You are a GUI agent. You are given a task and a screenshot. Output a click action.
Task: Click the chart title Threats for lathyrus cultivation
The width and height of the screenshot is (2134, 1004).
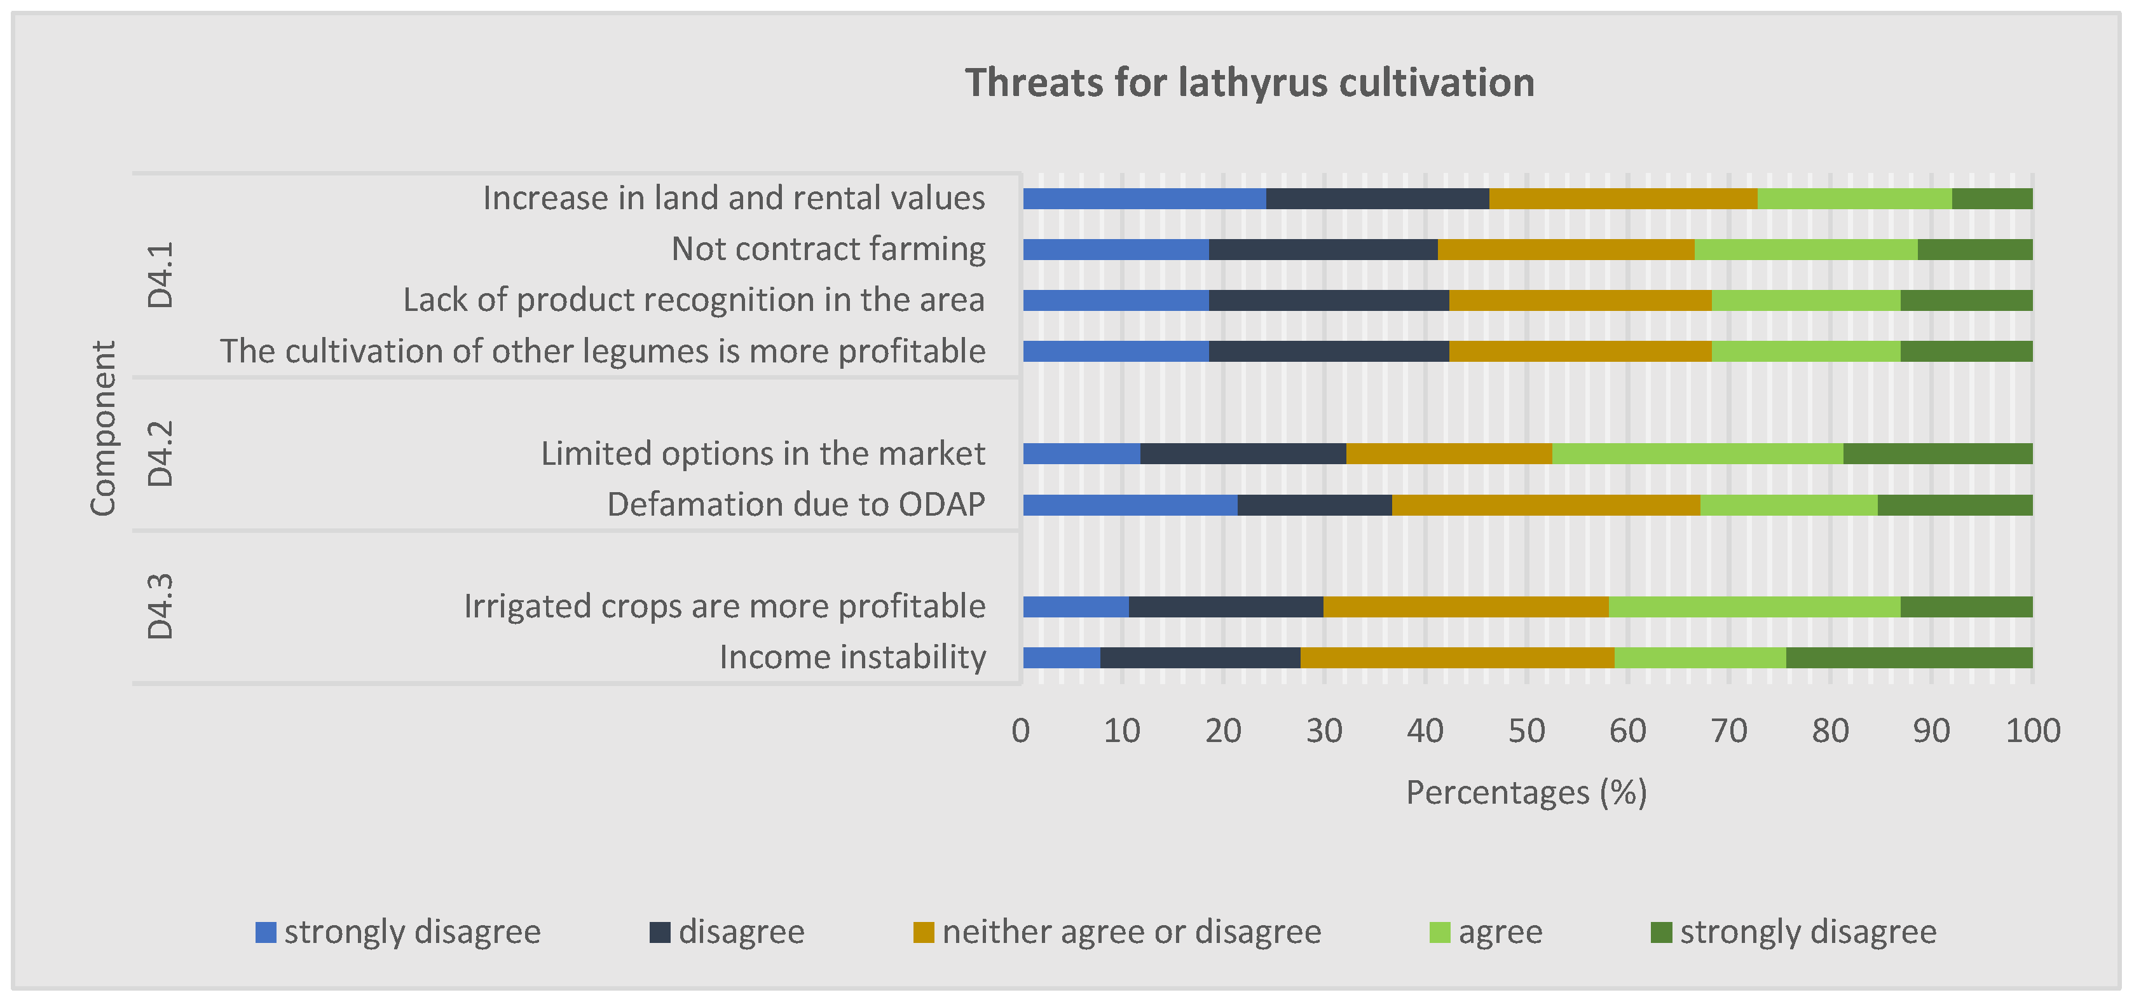coord(1249,83)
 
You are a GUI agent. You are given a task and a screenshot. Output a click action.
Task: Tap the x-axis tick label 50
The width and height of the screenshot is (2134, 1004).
coord(1526,731)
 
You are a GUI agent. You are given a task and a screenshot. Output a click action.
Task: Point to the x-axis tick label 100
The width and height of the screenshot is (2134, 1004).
coord(2032,731)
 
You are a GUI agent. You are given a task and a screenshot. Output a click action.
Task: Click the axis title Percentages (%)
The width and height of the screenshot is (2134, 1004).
coord(1526,793)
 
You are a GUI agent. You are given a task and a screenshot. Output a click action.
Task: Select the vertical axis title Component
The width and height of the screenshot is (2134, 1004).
coord(103,429)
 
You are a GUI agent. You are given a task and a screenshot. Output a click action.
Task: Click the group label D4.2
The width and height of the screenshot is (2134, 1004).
coord(160,453)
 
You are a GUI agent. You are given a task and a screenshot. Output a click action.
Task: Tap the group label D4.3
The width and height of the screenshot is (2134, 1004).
coord(160,607)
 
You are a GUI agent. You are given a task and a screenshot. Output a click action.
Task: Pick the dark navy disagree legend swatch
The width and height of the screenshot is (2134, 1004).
coord(659,932)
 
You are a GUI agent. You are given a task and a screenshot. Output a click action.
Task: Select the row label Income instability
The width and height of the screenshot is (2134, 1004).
coord(852,657)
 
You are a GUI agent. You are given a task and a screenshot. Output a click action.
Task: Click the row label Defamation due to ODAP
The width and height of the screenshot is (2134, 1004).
coord(796,504)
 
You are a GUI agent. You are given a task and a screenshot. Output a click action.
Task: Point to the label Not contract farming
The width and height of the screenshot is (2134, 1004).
coord(828,249)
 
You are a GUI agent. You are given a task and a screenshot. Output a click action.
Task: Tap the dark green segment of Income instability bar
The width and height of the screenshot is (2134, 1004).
coord(1909,657)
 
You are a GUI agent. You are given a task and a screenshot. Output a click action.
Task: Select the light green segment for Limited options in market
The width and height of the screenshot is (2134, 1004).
coord(1697,454)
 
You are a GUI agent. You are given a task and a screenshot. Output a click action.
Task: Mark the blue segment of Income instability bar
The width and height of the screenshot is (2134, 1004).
coord(1061,657)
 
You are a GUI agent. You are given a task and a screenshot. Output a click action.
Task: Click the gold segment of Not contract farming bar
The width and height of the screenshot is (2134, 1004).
coord(1565,249)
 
